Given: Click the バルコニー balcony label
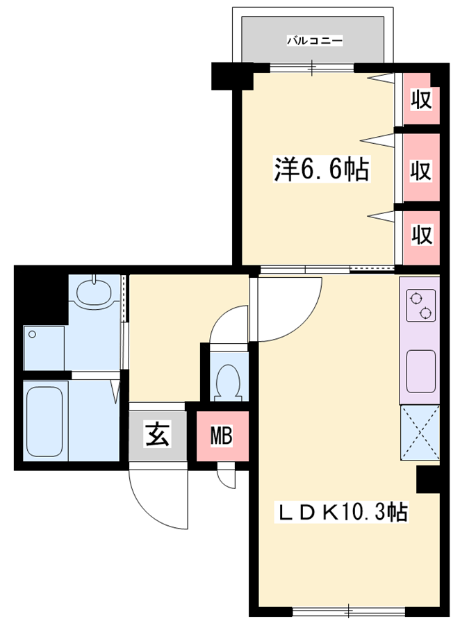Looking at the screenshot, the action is (315, 40).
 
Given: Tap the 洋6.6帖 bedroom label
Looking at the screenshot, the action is (322, 169).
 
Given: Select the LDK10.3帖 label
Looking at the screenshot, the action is (343, 513).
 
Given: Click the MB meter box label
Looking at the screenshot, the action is (222, 436).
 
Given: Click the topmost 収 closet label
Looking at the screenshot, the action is (421, 99).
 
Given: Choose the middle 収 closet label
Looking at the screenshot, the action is (421, 171).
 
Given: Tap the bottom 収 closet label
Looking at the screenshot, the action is (421, 235).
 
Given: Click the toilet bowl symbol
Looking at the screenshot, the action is (228, 381).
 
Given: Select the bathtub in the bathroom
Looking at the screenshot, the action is (44, 421).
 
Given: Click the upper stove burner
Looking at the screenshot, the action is (416, 298).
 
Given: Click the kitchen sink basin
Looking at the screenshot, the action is (421, 372).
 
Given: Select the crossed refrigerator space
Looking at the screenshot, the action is (420, 433).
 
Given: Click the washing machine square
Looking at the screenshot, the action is (44, 348).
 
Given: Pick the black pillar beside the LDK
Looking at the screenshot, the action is (428, 479).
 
